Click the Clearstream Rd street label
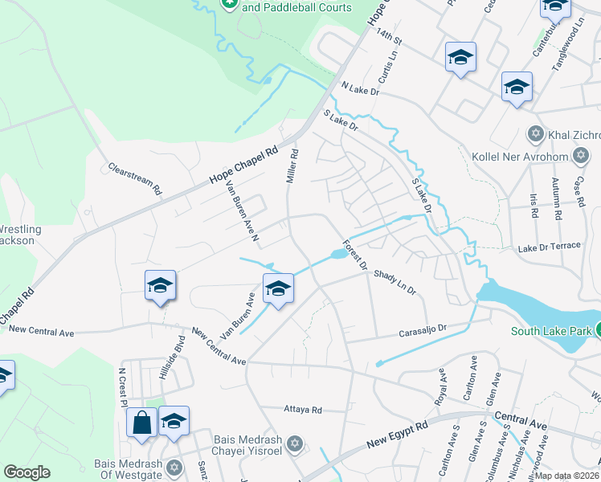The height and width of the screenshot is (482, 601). pos(135,181)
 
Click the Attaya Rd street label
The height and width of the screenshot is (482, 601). pos(303,410)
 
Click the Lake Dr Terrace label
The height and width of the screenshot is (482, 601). pos(549,246)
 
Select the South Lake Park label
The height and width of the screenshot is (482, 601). pos(553,331)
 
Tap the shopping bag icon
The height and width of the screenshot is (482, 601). pos(141,423)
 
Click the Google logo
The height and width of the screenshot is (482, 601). pos(27,472)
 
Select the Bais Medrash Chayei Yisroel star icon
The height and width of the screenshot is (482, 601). pos(294,443)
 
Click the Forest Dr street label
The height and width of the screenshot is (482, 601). pos(354,255)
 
